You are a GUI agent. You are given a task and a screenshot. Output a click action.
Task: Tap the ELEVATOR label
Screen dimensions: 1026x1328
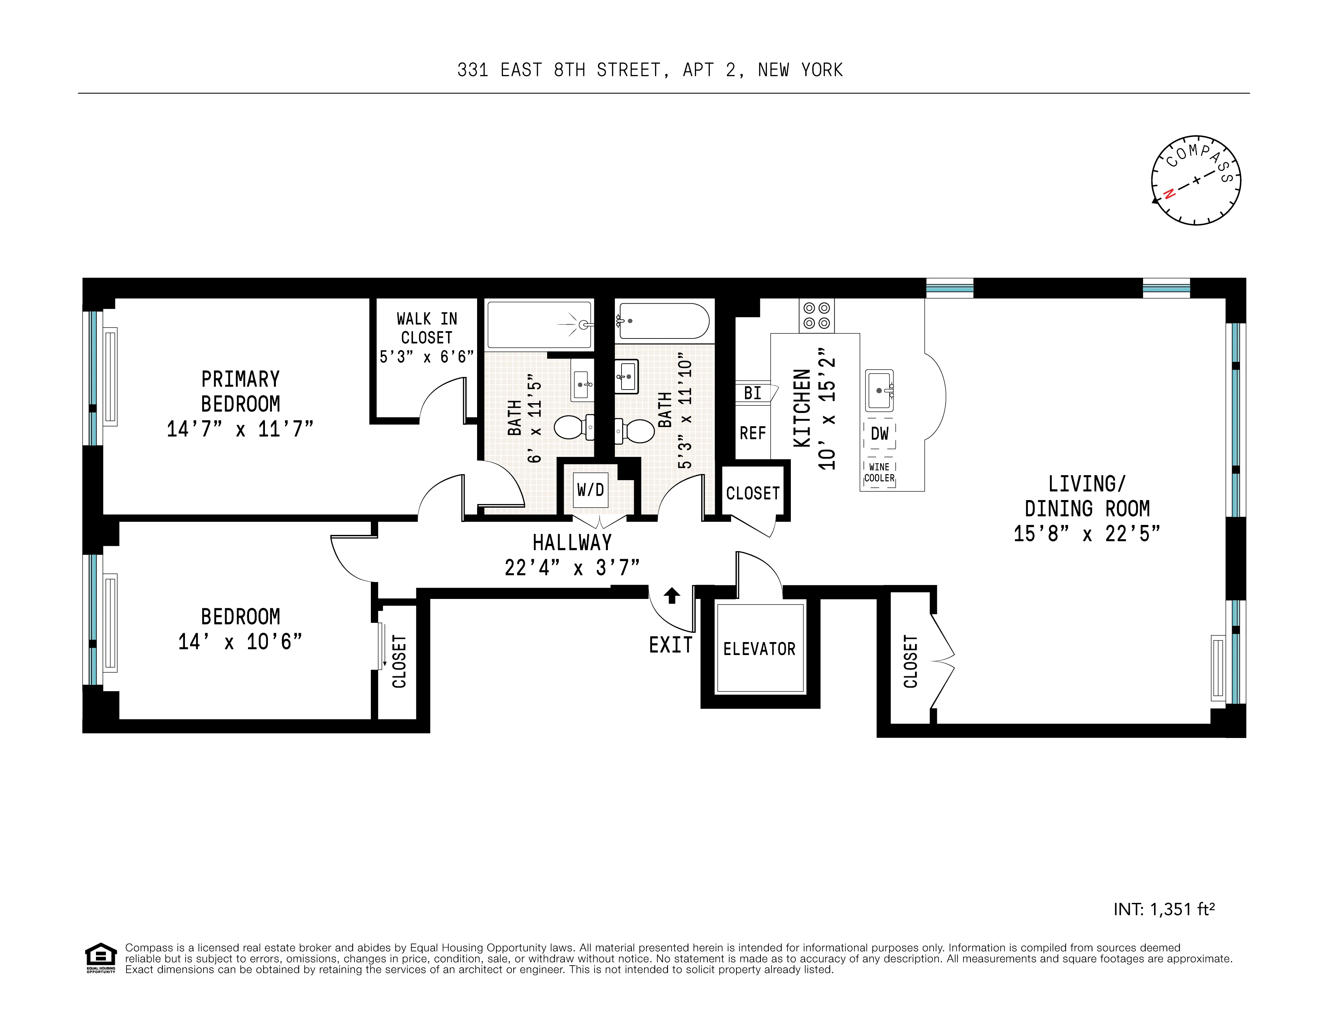pos(759,649)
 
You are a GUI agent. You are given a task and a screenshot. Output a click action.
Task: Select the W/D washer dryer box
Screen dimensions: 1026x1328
pos(590,490)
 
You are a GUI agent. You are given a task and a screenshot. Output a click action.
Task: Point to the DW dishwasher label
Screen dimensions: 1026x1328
pos(879,433)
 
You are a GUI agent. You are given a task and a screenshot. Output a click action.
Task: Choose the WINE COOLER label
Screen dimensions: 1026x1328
pos(879,472)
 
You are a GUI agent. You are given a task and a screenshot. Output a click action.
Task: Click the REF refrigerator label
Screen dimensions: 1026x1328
pos(752,433)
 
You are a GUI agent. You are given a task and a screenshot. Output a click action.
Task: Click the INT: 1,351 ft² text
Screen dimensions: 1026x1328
pos(1164,909)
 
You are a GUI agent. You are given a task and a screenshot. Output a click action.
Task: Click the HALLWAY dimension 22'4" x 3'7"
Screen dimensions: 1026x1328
pos(572,568)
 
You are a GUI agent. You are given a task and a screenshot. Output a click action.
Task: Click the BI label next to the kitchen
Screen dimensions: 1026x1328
pos(752,393)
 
